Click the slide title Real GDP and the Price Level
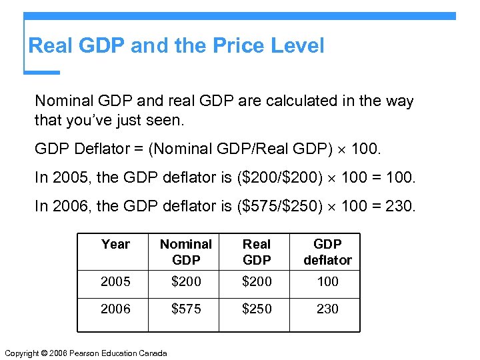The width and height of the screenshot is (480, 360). tap(177, 46)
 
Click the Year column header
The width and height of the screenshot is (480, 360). tap(115, 245)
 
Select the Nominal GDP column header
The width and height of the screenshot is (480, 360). tap(186, 252)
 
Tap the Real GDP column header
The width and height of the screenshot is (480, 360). tap(257, 252)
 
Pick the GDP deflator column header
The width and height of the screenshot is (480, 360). tap(327, 252)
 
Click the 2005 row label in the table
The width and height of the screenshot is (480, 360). tap(115, 281)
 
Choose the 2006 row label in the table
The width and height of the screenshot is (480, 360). tap(115, 309)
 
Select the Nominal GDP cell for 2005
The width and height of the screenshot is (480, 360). tap(186, 281)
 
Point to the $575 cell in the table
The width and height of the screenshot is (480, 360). tap(186, 309)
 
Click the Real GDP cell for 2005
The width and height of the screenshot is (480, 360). tap(257, 281)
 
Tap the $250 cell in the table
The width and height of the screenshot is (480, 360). tap(257, 309)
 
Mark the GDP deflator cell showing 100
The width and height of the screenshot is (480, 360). tap(327, 281)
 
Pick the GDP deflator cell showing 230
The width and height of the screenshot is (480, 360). tap(327, 309)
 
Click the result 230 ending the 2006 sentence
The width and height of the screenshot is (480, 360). tap(399, 206)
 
